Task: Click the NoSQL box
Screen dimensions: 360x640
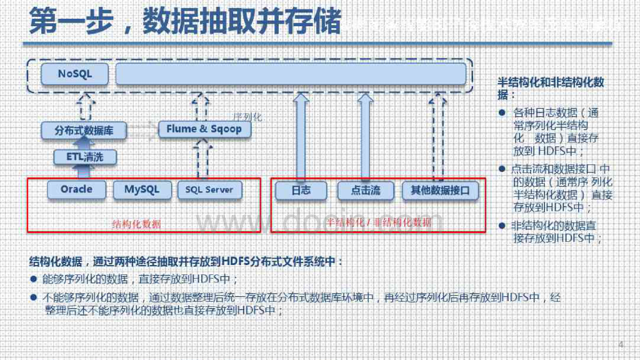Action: coord(75,74)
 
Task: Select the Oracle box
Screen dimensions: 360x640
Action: coord(76,189)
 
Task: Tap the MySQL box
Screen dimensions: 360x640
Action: coord(142,189)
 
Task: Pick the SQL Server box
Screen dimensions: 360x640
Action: coord(209,190)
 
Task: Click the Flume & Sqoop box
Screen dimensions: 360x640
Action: coord(204,129)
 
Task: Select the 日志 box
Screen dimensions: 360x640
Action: coord(301,191)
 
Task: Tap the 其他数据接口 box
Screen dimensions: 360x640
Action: coord(440,191)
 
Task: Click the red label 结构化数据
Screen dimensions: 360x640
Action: coord(136,224)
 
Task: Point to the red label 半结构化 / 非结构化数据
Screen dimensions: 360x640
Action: coord(379,222)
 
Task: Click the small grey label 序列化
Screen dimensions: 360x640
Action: coord(247,117)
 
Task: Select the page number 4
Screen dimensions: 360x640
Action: coord(621,345)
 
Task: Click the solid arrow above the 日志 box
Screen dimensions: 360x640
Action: coord(301,136)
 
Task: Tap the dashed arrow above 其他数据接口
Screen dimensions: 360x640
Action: coord(439,136)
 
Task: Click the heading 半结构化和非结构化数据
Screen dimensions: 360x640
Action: coord(551,88)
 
